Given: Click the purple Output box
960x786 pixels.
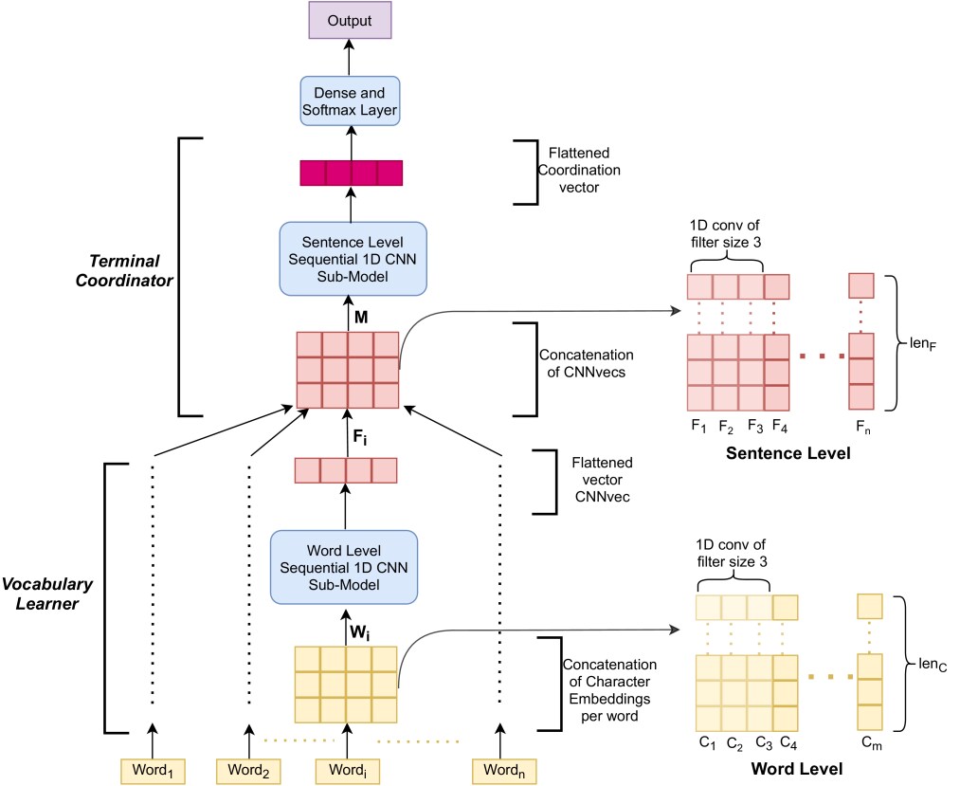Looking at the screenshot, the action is (x=350, y=20).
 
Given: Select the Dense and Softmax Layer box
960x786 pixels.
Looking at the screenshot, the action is (x=350, y=101).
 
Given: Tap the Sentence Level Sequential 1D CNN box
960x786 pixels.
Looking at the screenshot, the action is (x=353, y=259).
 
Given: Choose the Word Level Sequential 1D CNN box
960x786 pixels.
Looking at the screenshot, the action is (x=344, y=567).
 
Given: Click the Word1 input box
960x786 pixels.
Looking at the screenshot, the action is (x=153, y=771).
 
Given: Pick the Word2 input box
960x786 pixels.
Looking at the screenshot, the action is (x=248, y=771).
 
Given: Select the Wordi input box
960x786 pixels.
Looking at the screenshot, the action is (x=348, y=771).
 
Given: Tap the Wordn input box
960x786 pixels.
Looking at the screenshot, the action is (x=504, y=771).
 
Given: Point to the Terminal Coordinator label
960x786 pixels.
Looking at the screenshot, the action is (x=124, y=271).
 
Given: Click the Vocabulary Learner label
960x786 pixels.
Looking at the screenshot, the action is (x=47, y=594).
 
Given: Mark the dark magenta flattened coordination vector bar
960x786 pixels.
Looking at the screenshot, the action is (x=352, y=173).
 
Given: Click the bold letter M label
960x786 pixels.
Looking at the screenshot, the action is (x=361, y=318).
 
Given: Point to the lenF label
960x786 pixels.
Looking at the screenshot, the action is (x=923, y=344).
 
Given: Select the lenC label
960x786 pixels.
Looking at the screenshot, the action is (x=933, y=665).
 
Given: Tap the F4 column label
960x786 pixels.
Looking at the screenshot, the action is (x=780, y=427).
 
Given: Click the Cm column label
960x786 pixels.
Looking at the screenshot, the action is (x=872, y=743).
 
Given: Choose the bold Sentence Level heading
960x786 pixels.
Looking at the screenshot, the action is (x=788, y=453).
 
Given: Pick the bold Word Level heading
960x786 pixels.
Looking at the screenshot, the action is (x=797, y=769).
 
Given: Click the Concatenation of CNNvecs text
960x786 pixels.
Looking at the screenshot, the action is (x=586, y=363).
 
